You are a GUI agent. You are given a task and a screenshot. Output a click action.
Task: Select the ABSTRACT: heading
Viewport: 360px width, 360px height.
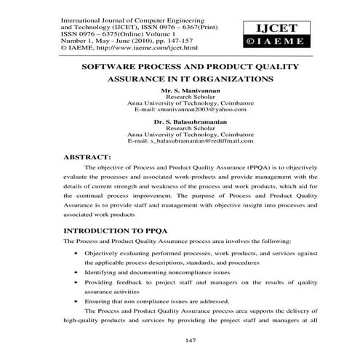[87, 156]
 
